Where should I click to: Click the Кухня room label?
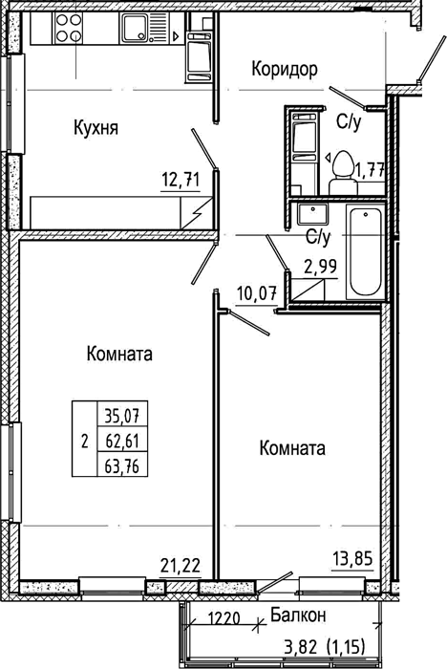pos(96,127)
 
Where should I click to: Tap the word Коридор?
pos(285,69)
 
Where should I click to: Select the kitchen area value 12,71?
pos(181,181)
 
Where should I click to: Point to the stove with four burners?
pos(69,28)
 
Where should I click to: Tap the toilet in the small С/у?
pos(343,174)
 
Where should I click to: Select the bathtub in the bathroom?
pos(365,252)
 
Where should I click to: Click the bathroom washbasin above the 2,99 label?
pos(313,215)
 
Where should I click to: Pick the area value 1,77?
pos(371,172)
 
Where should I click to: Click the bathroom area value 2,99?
pos(320,267)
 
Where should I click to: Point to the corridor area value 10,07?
pos(257,294)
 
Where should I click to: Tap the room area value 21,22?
pos(181,566)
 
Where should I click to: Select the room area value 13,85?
pos(352,558)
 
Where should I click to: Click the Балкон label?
pos(299,615)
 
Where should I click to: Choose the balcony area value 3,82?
pos(301,648)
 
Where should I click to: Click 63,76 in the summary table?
pos(122,465)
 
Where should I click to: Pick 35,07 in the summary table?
pos(122,415)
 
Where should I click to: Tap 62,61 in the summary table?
pos(122,441)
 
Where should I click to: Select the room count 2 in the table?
pos(84,441)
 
